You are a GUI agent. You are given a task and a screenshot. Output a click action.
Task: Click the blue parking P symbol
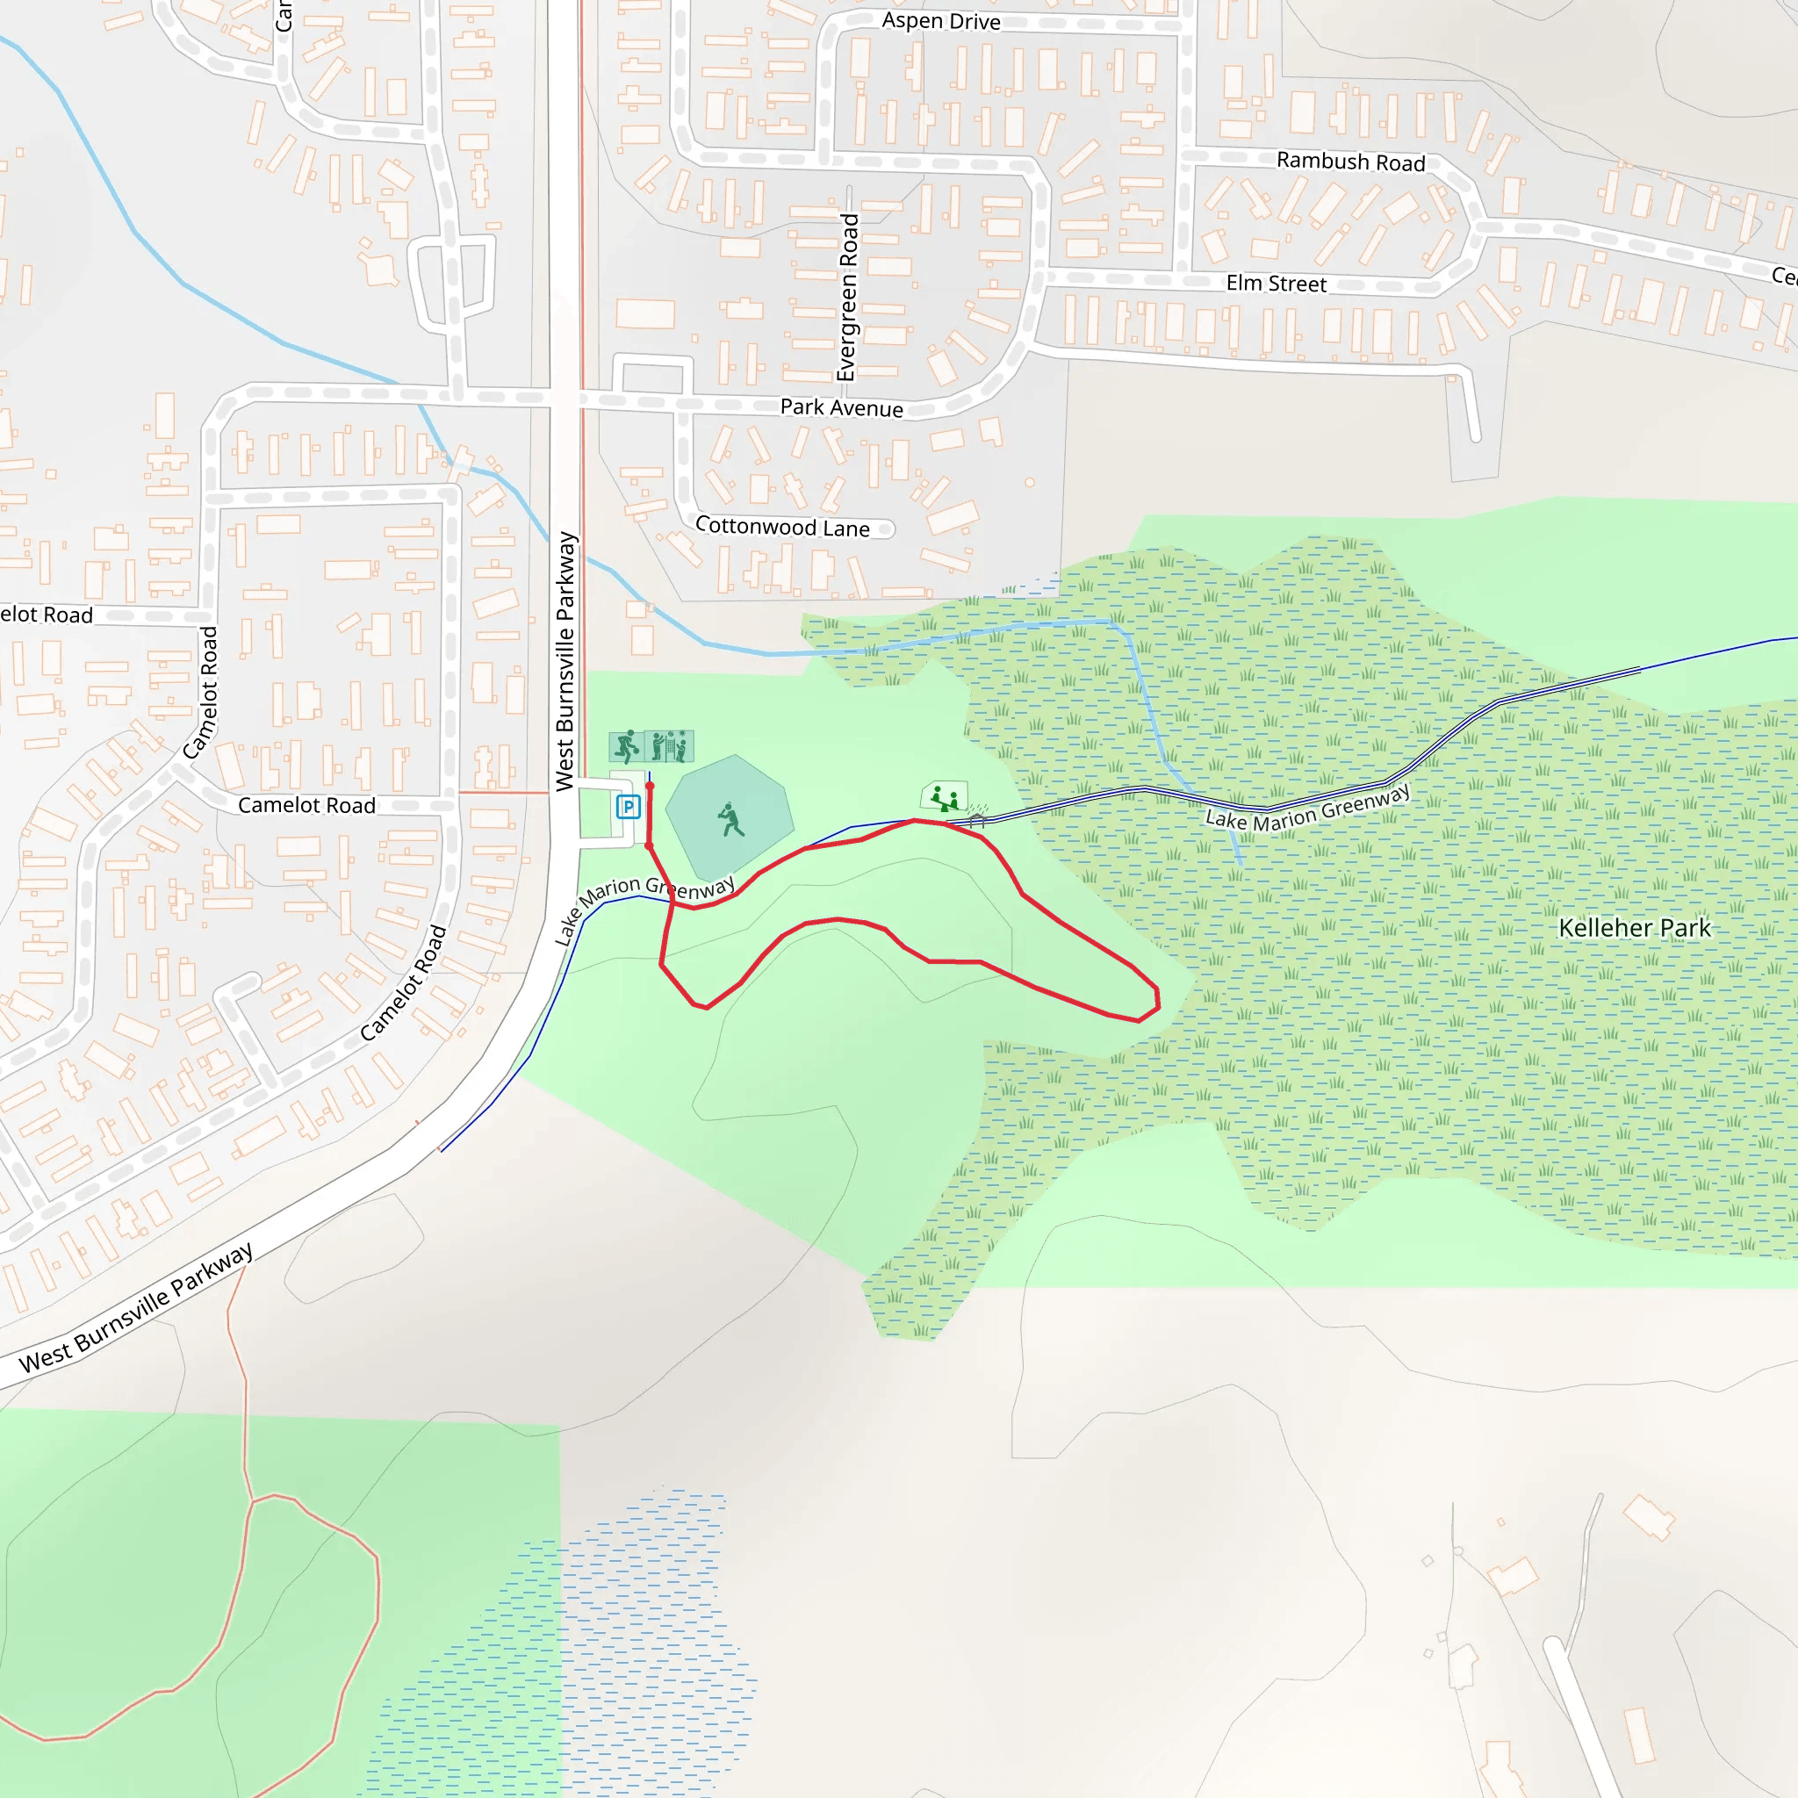[x=629, y=807]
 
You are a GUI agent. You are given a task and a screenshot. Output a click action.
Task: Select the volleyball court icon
[x=669, y=746]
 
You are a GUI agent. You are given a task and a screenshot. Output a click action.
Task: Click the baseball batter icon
[x=730, y=820]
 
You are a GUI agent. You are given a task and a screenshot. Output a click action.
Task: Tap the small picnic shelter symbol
[x=977, y=816]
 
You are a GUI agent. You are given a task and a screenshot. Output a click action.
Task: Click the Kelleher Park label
[x=1634, y=928]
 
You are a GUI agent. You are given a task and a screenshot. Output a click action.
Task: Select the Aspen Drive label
[x=941, y=20]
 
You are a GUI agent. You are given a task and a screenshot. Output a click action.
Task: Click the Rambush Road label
[x=1350, y=162]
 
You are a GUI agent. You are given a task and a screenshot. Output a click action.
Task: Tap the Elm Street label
[x=1276, y=284]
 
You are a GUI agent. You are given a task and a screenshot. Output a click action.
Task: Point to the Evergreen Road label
[x=847, y=298]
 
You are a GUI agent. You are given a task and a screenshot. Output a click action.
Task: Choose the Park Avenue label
[x=841, y=407]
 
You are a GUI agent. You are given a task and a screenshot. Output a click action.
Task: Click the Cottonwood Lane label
[x=782, y=527]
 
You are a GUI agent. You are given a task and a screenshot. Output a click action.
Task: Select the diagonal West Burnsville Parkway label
[x=136, y=1306]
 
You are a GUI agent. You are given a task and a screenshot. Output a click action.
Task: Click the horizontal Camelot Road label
[x=306, y=805]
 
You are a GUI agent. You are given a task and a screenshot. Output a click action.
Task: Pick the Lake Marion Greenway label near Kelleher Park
[x=1307, y=808]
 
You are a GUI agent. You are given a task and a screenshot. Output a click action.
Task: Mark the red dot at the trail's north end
[x=650, y=787]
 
